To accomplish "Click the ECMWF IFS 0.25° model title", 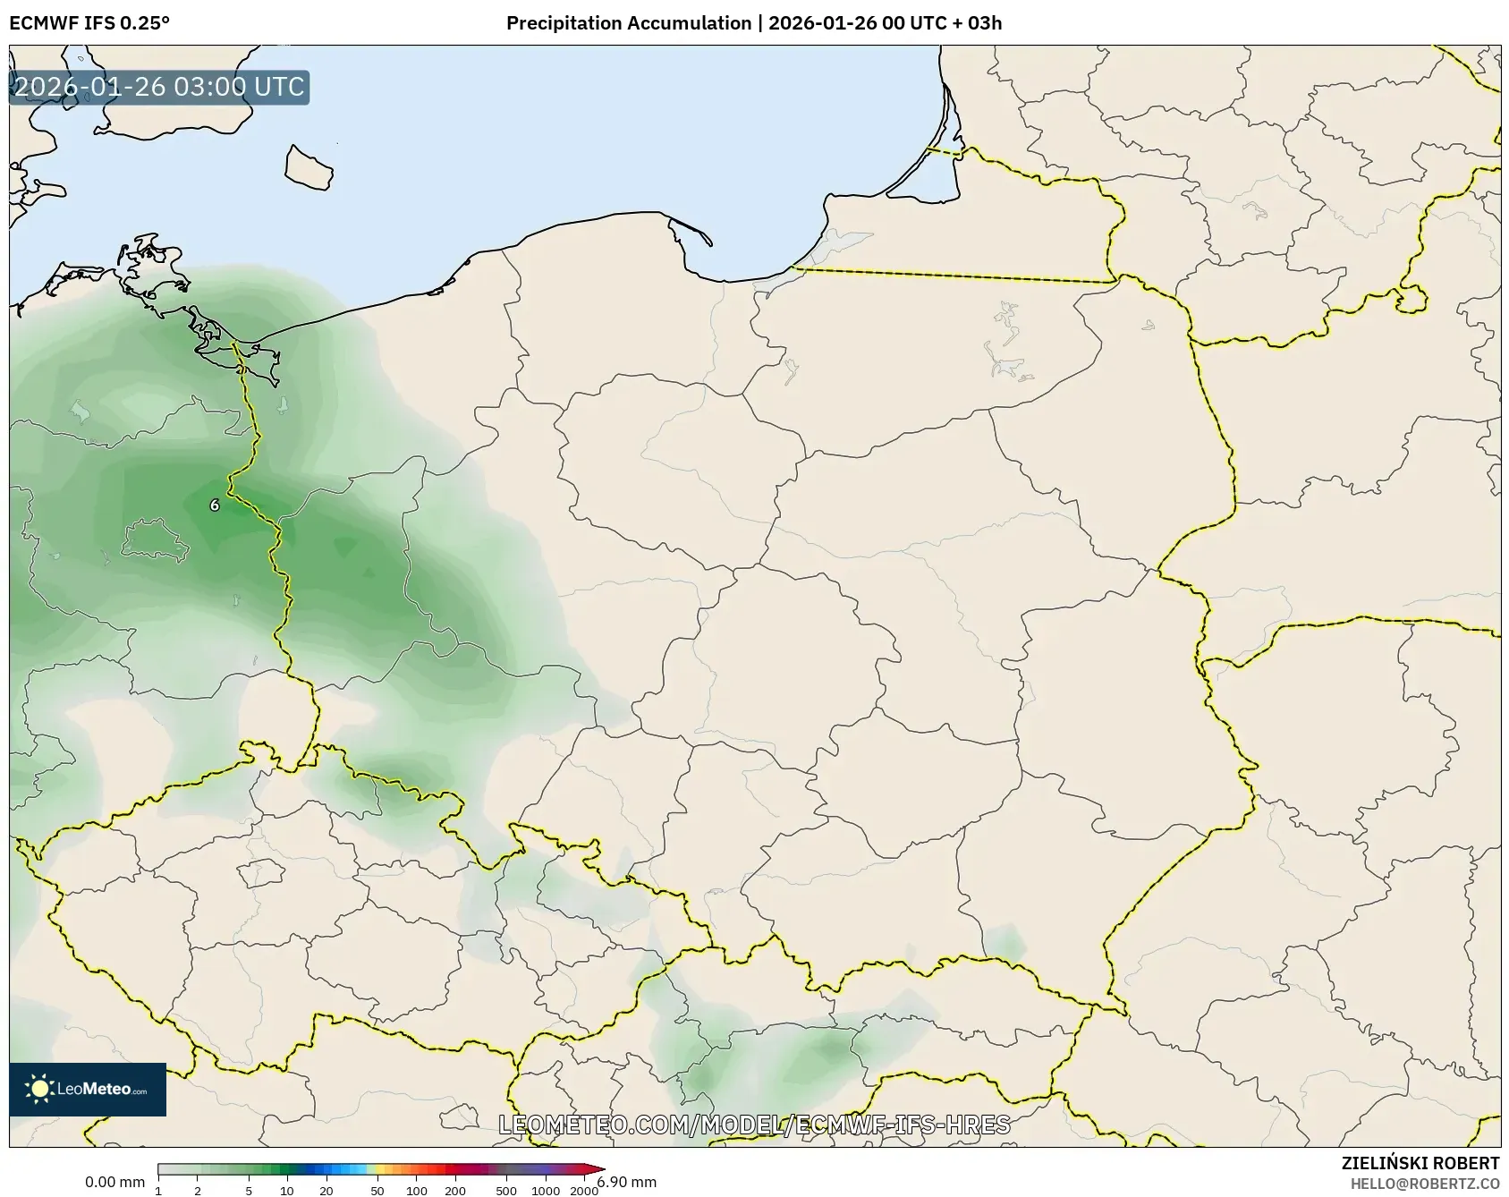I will [89, 23].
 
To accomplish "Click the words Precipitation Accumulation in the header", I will [628, 23].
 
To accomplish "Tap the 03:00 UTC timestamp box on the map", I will [159, 87].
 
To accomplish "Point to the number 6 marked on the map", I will [215, 505].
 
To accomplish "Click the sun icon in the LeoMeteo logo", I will [39, 1089].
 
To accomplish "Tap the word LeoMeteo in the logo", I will [94, 1089].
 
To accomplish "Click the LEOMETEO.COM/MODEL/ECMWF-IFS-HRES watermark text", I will [754, 1125].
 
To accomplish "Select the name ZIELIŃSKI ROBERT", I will [1420, 1163].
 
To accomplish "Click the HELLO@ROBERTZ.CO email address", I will [1424, 1183].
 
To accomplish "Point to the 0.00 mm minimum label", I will [114, 1182].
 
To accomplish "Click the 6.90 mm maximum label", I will [627, 1182].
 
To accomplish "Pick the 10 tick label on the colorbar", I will [286, 1191].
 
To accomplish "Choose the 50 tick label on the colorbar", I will [377, 1191].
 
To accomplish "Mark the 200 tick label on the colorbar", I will [455, 1191].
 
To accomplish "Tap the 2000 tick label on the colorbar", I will [584, 1191].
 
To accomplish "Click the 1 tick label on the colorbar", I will [158, 1191].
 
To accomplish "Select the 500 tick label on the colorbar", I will [506, 1191].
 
